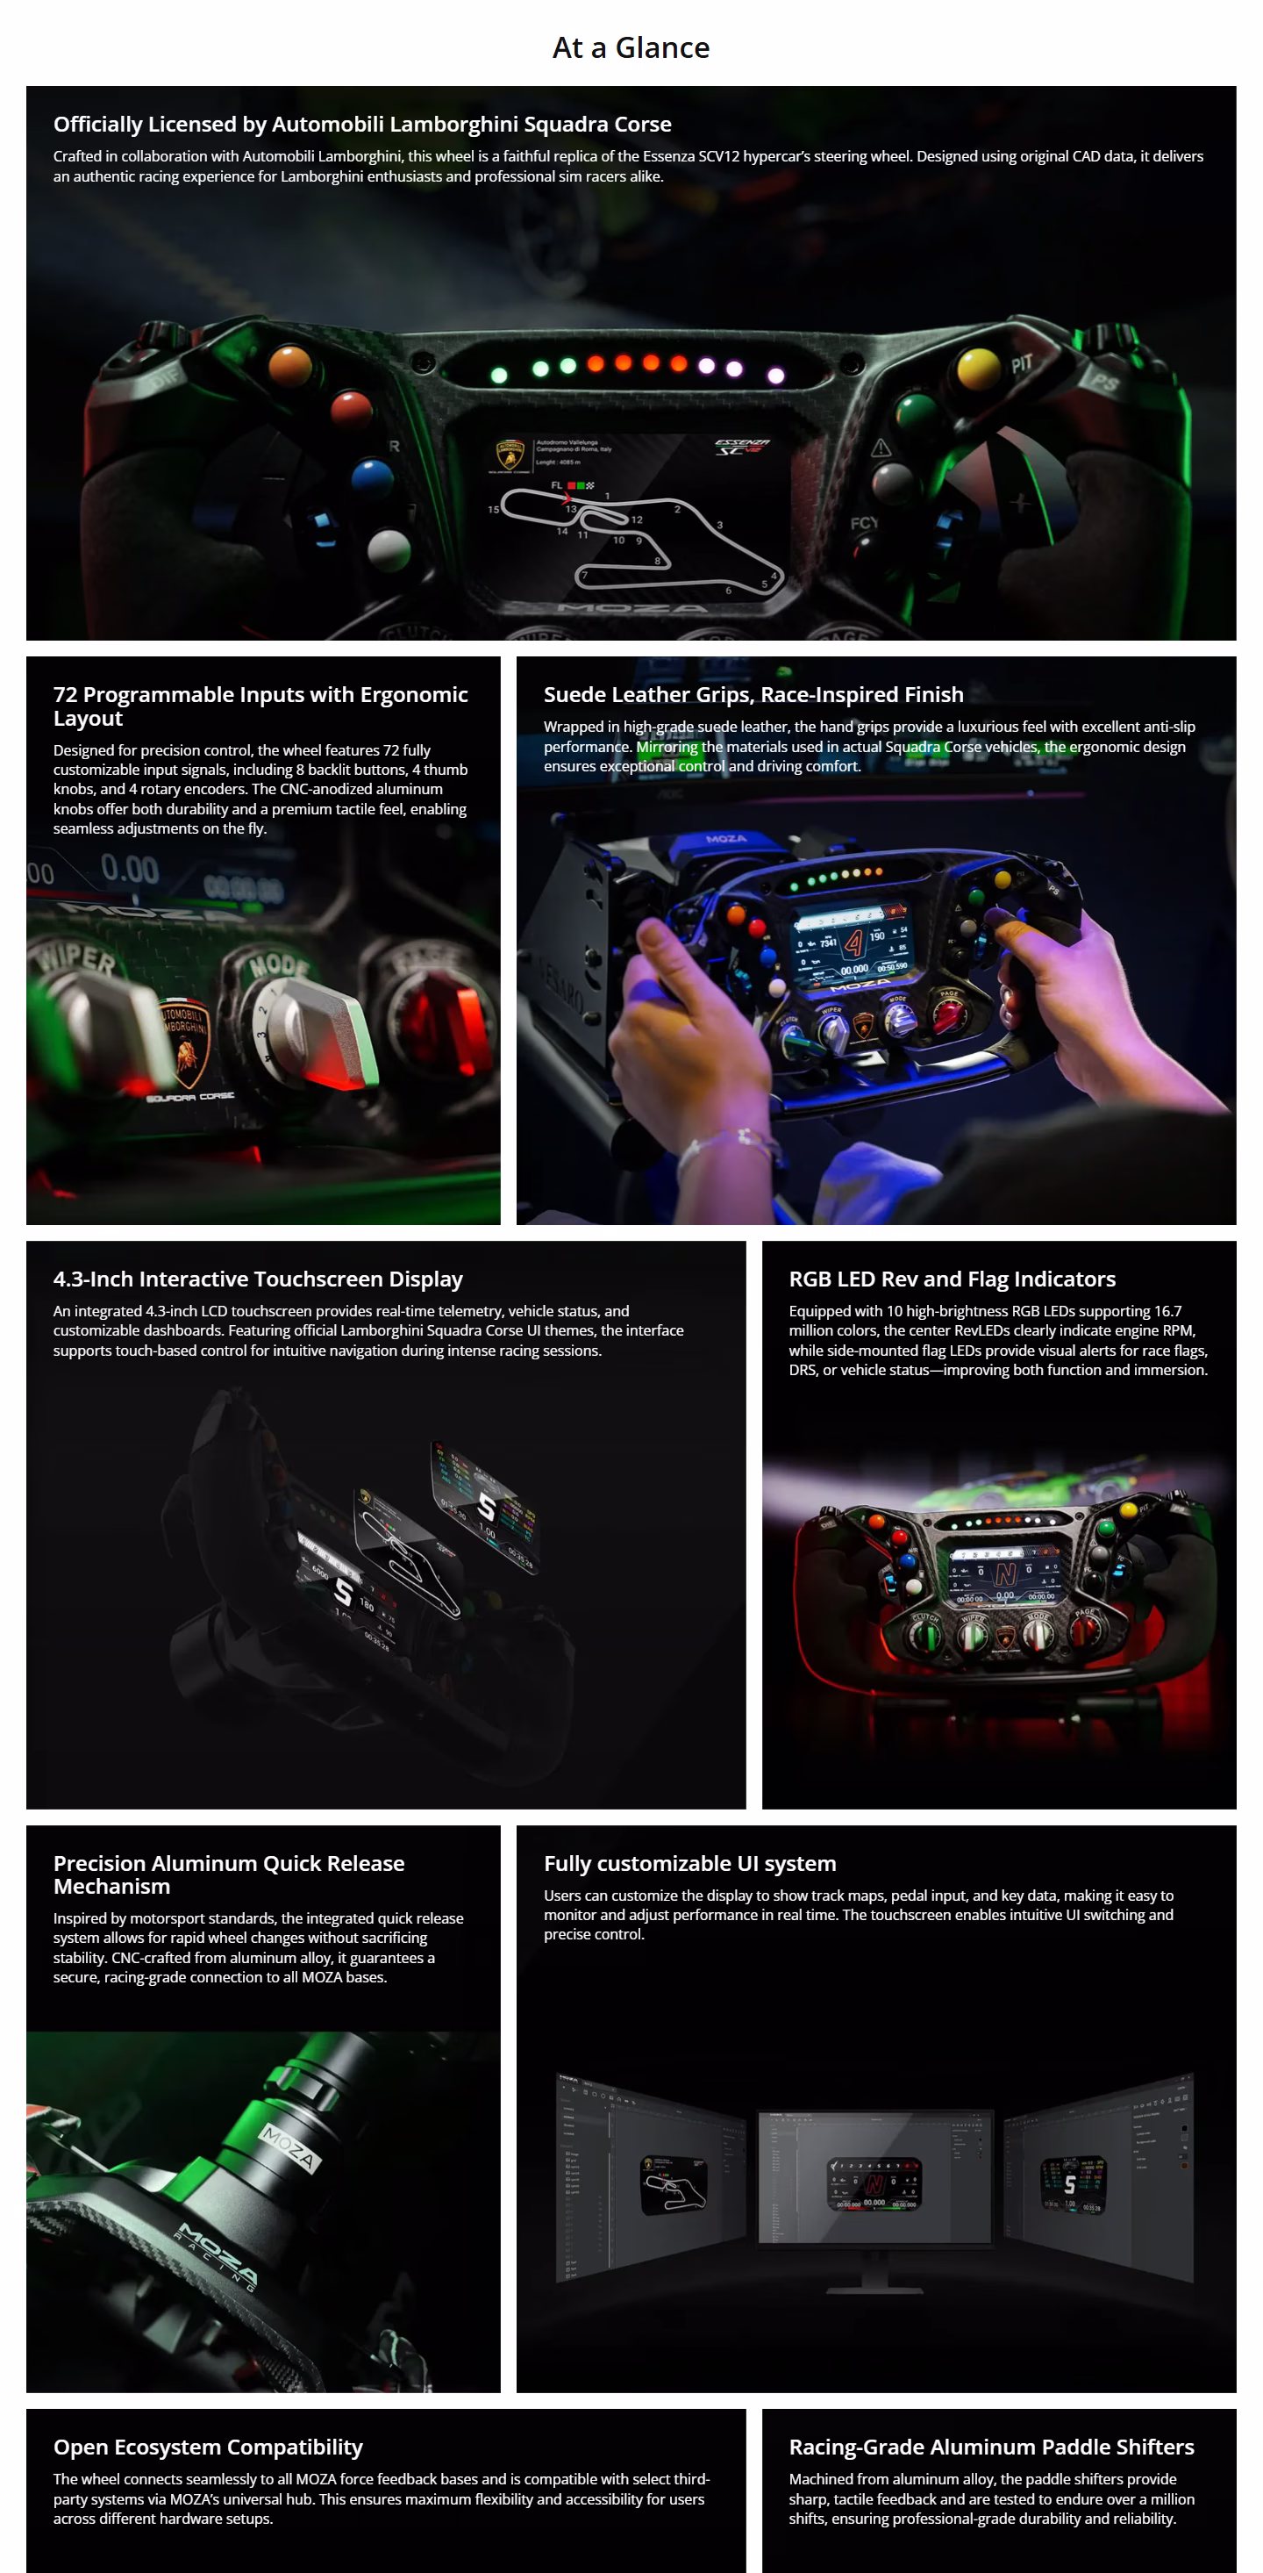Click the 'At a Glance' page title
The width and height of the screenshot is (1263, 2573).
point(631,48)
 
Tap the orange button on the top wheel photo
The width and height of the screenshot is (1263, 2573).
point(289,363)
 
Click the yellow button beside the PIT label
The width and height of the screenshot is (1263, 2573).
point(977,369)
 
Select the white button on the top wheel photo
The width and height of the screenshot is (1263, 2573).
point(389,549)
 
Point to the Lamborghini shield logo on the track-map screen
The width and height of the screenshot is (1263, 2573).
point(510,455)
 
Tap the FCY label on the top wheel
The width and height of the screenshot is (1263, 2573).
point(864,522)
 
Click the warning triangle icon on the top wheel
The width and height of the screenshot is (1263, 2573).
point(881,448)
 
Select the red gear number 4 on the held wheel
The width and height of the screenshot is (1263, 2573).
point(853,942)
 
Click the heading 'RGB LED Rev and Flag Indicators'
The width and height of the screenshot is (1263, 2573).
point(952,1279)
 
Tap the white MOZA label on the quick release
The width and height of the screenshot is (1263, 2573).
point(289,2148)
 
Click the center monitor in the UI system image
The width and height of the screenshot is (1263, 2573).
point(874,2178)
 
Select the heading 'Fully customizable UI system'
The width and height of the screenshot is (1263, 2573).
point(689,1863)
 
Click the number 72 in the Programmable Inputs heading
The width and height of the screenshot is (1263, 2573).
point(65,694)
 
